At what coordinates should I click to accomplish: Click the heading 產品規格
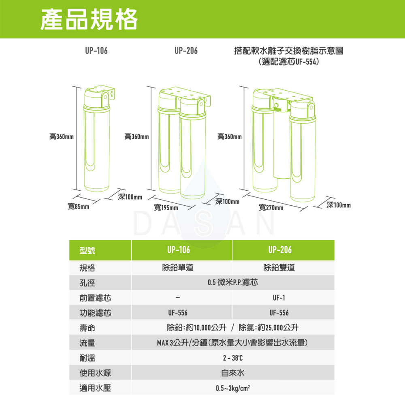coord(89,19)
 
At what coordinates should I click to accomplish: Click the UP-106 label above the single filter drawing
coord(96,51)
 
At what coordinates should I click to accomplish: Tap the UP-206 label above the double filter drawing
coord(186,51)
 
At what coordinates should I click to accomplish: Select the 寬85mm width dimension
coord(79,207)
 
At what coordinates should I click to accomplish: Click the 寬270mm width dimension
coord(271,208)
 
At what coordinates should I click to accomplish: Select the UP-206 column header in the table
coord(280,250)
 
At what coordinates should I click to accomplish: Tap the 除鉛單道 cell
coord(177,268)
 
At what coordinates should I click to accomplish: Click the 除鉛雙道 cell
coord(279,268)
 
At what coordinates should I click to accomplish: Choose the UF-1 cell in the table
coord(279,298)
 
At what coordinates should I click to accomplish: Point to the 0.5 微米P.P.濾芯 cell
coord(232,282)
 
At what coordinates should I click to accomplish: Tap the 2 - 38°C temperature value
coord(232,358)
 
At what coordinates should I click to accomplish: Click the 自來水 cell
coord(232,373)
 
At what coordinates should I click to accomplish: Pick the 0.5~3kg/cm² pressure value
coord(232,388)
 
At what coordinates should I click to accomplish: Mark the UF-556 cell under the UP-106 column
coord(177,313)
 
